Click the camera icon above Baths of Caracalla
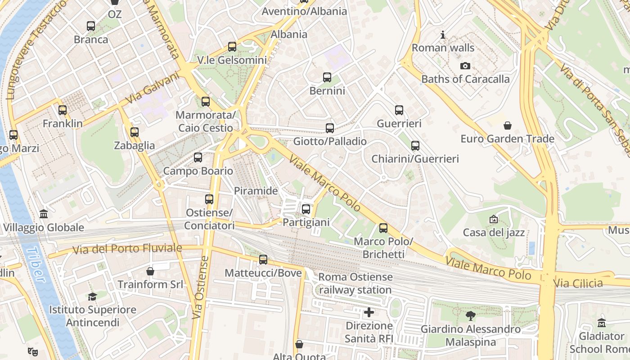click(x=465, y=66)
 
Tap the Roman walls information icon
click(x=443, y=35)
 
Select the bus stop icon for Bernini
click(x=327, y=77)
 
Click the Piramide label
click(x=256, y=191)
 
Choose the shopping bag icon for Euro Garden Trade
click(x=508, y=126)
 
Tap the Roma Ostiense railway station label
click(x=355, y=283)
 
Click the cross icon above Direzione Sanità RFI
click(x=369, y=312)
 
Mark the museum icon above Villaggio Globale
click(x=44, y=214)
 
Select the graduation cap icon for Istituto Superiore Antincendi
click(x=92, y=297)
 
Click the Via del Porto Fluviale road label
click(x=127, y=248)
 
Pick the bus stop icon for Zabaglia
click(x=134, y=132)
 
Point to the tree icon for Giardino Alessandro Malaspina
click(x=471, y=316)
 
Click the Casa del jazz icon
click(x=494, y=219)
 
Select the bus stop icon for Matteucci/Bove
click(x=263, y=260)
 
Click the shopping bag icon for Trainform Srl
click(x=150, y=271)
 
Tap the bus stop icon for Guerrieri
click(x=399, y=110)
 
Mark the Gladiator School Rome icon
click(x=602, y=323)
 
